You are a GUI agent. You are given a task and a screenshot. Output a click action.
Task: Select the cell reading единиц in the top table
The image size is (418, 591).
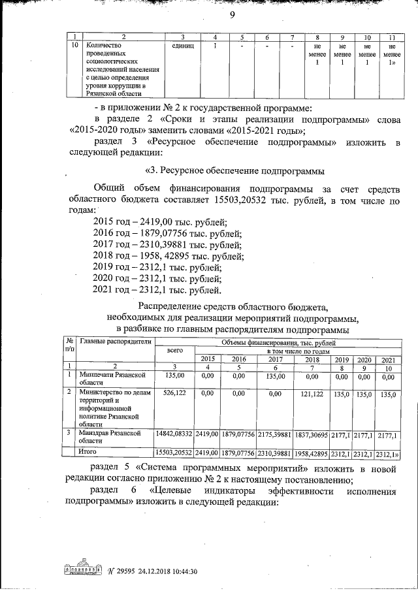pyautogui.click(x=182, y=47)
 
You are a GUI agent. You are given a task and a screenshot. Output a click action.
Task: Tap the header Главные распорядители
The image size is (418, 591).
pyautogui.click(x=114, y=342)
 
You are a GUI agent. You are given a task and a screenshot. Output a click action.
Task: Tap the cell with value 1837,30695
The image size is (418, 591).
pyautogui.click(x=312, y=434)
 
